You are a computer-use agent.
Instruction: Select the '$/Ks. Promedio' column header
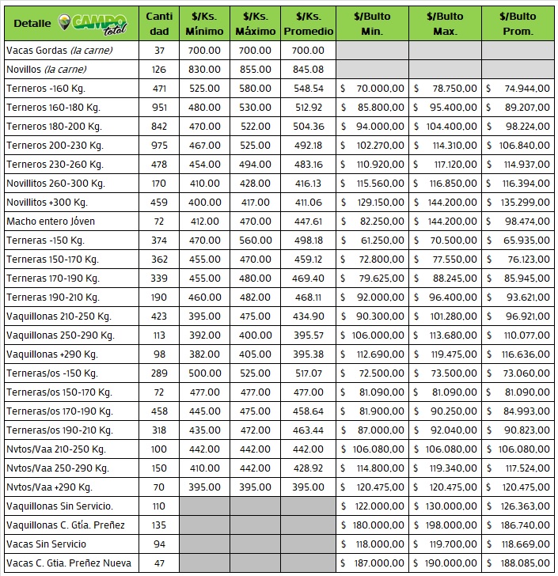(308, 24)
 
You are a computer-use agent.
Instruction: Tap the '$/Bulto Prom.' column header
(517, 24)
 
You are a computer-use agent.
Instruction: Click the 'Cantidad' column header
(159, 24)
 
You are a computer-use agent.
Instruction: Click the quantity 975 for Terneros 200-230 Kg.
(159, 145)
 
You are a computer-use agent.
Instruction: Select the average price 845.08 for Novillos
(308, 69)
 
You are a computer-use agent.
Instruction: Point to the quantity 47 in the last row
(159, 563)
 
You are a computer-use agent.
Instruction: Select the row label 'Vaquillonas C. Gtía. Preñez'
(66, 525)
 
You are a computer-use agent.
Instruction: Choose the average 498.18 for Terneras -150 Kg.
(308, 240)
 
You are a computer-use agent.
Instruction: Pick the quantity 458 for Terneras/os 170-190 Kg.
(159, 411)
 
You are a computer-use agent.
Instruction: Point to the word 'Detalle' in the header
(32, 24)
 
